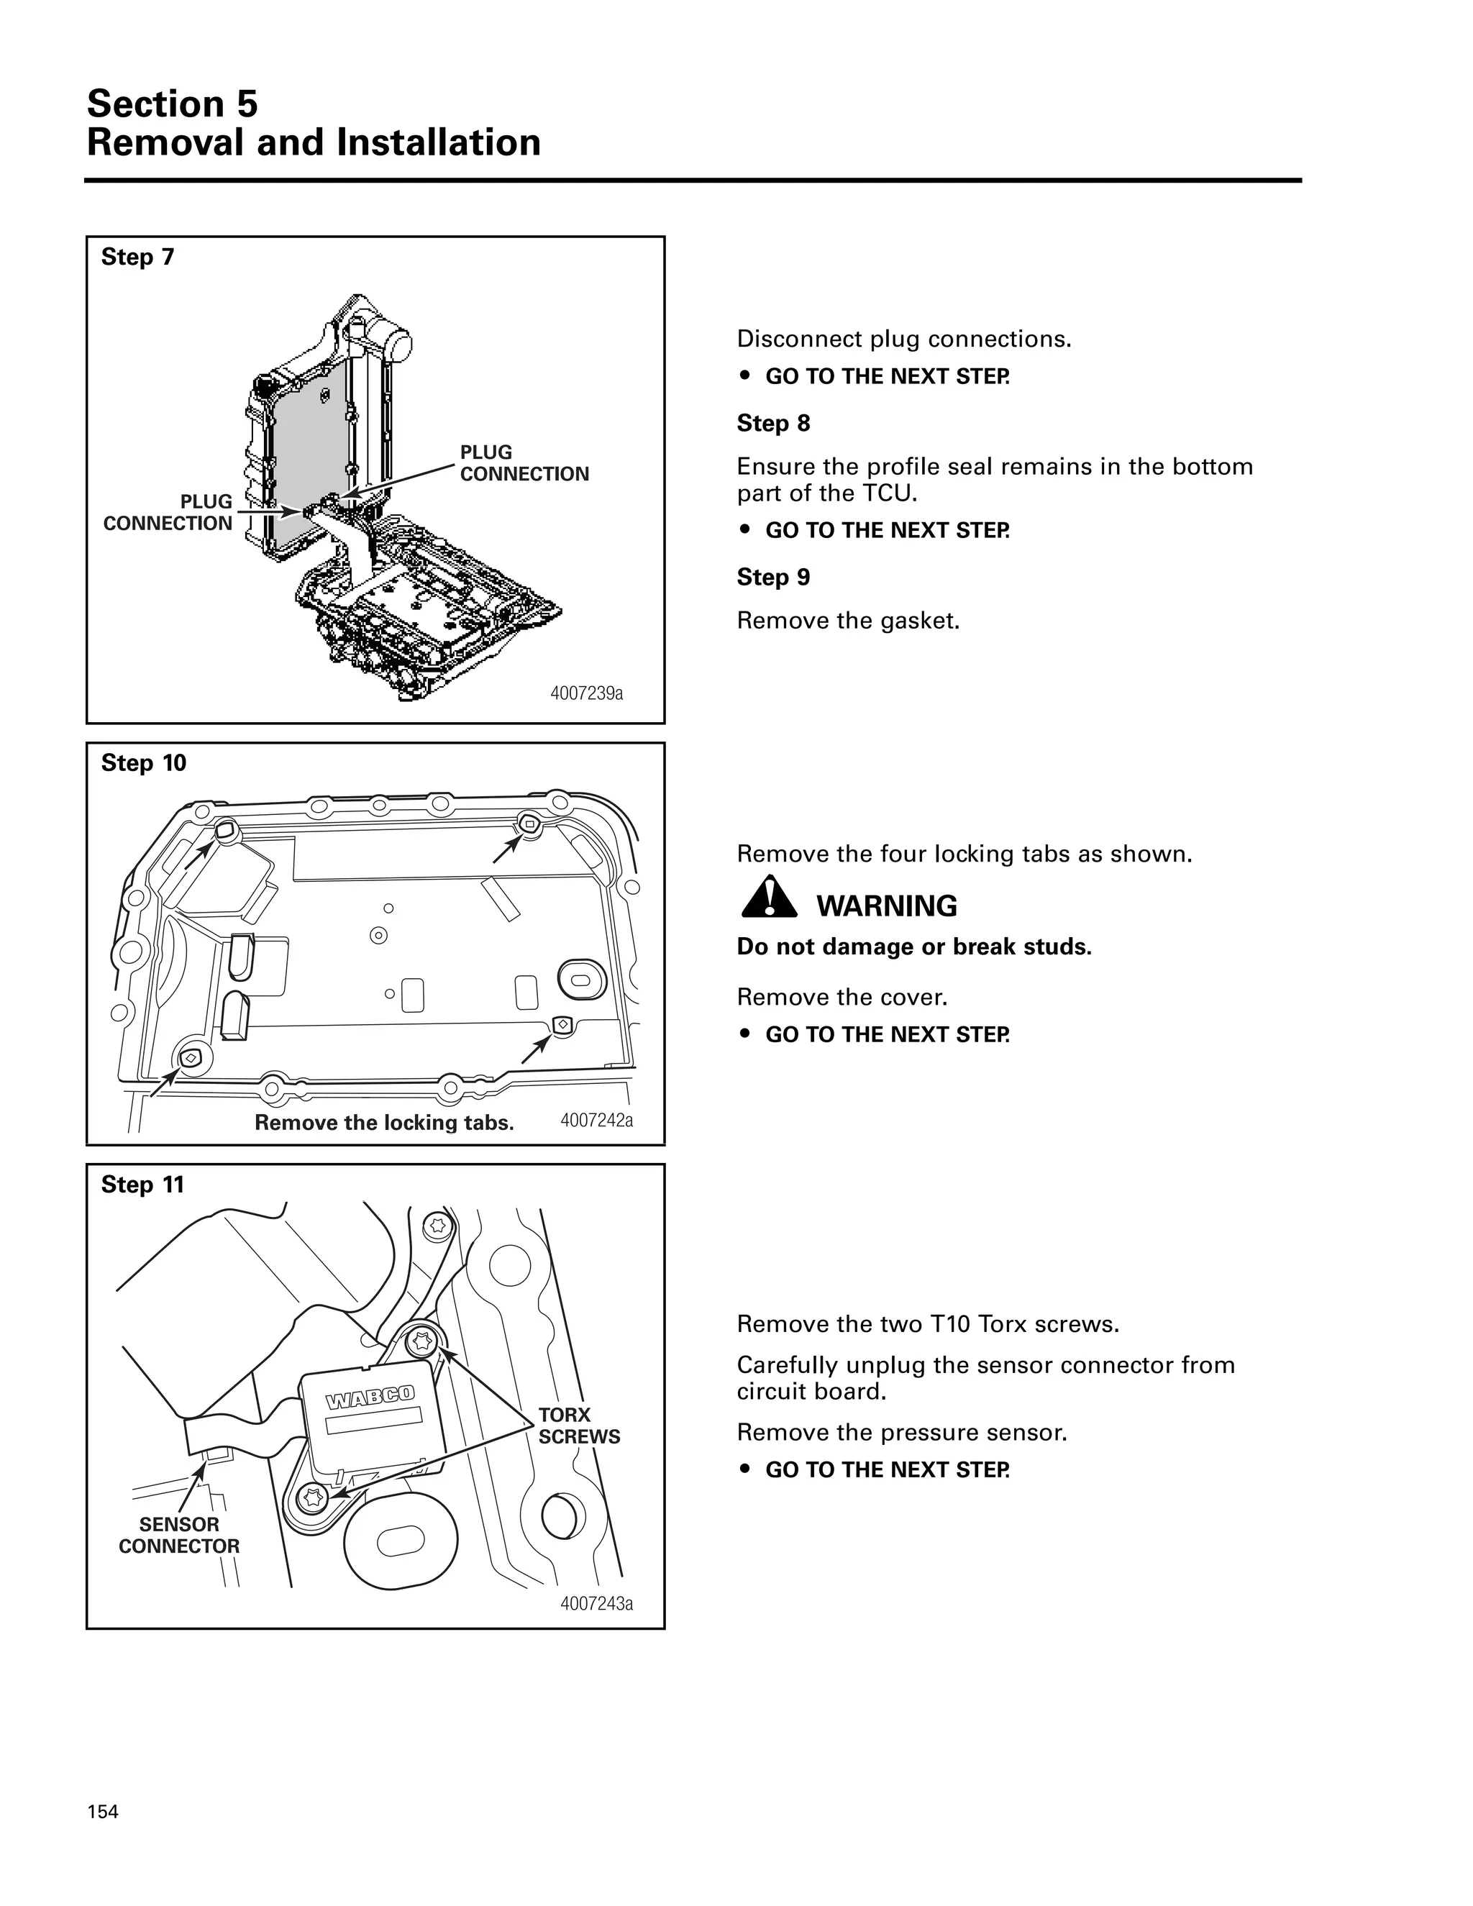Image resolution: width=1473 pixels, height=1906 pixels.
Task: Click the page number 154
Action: click(x=102, y=1812)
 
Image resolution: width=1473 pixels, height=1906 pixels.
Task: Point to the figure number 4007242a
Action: click(x=596, y=1120)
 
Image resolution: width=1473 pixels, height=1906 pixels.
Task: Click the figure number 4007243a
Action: click(x=596, y=1603)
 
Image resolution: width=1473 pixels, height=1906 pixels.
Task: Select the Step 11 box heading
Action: click(x=142, y=1185)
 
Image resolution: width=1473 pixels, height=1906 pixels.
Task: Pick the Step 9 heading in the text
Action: click(x=773, y=577)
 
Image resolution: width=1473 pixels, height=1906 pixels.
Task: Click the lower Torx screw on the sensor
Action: click(x=311, y=1498)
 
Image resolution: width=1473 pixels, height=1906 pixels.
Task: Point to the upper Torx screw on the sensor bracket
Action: click(x=423, y=1340)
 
